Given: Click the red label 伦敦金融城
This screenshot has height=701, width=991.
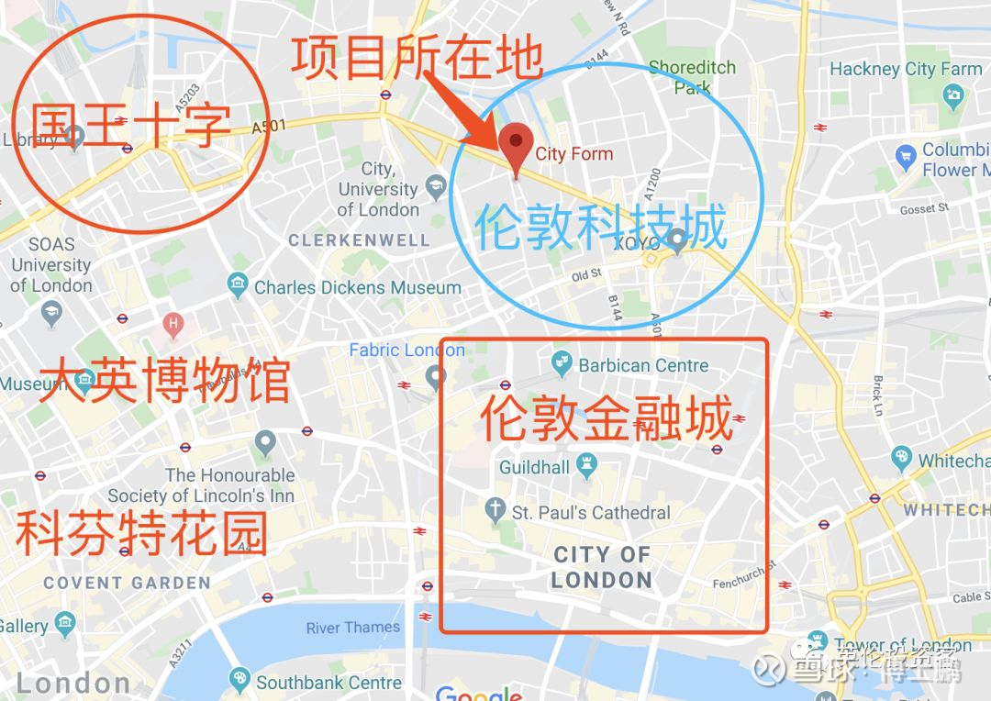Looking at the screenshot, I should (x=607, y=420).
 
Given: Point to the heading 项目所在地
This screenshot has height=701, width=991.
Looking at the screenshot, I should (x=418, y=59).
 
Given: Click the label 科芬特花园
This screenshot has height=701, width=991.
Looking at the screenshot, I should (x=142, y=534).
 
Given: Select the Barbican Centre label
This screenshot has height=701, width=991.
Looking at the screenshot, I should (x=642, y=365).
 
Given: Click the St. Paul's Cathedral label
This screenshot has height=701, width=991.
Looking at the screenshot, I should (x=591, y=513).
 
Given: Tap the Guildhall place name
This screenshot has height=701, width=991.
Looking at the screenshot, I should (x=534, y=468).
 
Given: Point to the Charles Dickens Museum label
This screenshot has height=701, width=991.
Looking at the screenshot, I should (x=357, y=287).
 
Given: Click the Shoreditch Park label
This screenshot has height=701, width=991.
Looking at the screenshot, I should (x=692, y=78).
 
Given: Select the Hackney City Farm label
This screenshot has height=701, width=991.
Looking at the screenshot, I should (x=905, y=69).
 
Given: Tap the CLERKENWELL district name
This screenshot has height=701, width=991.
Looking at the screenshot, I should (x=359, y=240).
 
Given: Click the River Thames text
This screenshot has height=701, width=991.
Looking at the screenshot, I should (x=353, y=629).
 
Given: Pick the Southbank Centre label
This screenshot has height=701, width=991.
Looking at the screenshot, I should (x=328, y=683).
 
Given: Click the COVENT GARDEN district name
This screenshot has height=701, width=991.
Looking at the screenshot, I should (x=127, y=583).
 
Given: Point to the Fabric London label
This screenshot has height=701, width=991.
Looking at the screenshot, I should (x=406, y=350).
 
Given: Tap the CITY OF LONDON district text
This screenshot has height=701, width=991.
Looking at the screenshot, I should (x=602, y=567).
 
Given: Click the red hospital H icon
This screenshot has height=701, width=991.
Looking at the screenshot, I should (x=171, y=323).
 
